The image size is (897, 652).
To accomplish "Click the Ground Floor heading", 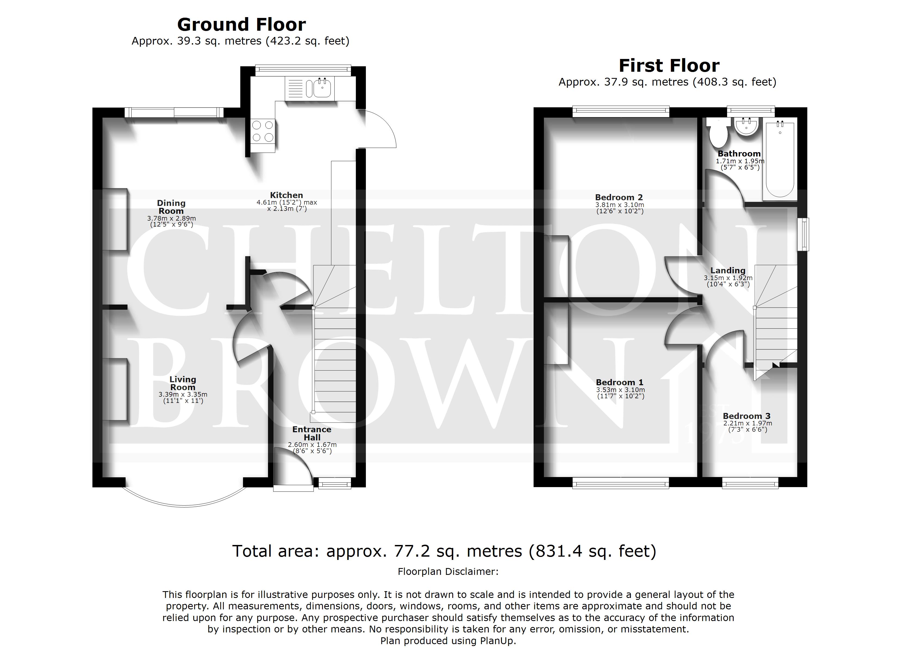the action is click(x=241, y=24).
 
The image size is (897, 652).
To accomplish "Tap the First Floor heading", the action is click(x=669, y=66).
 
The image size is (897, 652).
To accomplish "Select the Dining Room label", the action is click(x=171, y=207).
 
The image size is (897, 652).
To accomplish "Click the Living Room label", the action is click(x=183, y=383).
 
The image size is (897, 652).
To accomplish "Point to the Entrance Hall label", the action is click(x=312, y=433).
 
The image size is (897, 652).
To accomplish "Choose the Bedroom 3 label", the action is click(x=747, y=416).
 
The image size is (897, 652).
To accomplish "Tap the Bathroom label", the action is click(x=739, y=154).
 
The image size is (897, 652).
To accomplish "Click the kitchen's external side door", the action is click(x=376, y=128).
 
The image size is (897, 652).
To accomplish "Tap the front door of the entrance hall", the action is click(x=293, y=469).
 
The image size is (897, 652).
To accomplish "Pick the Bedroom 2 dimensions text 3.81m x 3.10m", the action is click(x=620, y=205).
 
